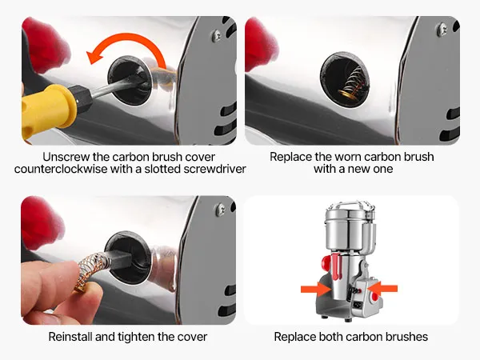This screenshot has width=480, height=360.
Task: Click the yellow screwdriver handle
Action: coord(49,110)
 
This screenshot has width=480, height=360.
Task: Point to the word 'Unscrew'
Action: coord(66,157)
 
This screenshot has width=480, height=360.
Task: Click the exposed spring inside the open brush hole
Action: coord(351,83)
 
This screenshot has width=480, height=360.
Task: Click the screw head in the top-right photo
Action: coord(442,30)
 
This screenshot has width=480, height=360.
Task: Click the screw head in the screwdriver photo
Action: coord(217,35)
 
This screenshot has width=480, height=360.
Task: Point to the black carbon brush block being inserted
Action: coord(119,259)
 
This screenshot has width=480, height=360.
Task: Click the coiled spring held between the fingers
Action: coord(91,269)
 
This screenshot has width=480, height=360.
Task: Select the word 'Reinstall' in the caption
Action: coord(70,337)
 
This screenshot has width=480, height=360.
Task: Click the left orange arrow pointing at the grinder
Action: coord(316,289)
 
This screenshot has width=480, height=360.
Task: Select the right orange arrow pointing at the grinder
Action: coord(382,289)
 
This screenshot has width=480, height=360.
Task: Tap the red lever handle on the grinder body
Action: coord(338,266)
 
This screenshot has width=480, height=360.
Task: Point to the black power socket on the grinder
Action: coord(358,305)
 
